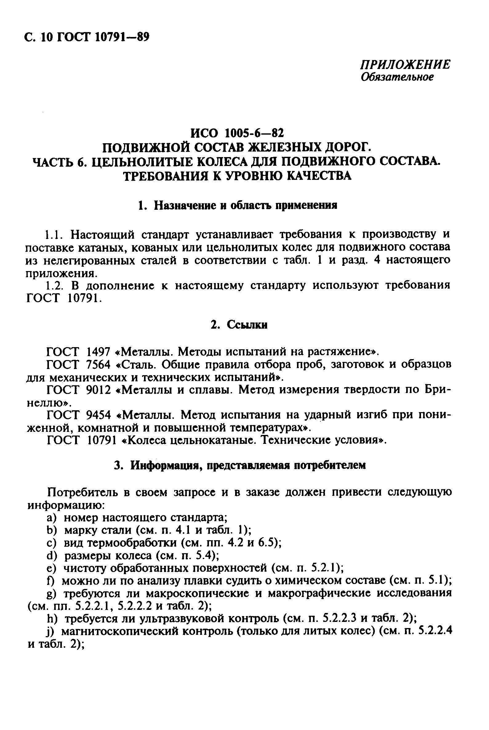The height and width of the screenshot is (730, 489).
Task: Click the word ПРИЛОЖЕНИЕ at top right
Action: pyautogui.click(x=405, y=64)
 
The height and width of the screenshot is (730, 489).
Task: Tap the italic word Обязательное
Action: pyautogui.click(x=397, y=77)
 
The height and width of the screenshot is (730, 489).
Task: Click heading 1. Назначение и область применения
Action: pyautogui.click(x=238, y=206)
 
